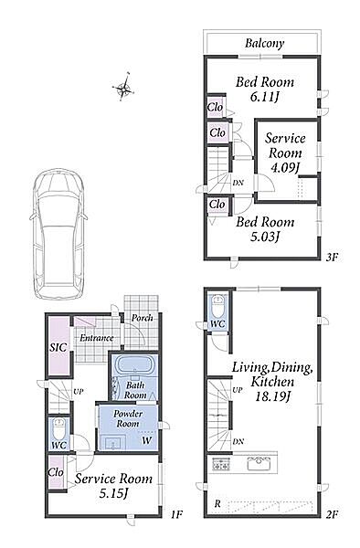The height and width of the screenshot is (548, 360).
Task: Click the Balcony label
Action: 264,43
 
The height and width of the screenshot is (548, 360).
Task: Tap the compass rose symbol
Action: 123,88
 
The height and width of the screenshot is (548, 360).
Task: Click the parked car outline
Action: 58,234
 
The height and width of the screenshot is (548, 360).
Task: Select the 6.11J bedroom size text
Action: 264,97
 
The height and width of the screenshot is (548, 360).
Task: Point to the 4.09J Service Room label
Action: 285,153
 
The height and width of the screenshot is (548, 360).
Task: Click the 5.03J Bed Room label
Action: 265,228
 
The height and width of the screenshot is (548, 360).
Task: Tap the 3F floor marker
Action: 332,258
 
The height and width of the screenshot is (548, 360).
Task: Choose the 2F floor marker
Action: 332,513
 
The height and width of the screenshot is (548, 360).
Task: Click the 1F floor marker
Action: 177,514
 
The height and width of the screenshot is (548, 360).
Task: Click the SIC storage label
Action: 58,347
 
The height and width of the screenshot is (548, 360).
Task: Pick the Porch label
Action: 143,319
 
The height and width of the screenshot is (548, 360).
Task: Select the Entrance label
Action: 97,338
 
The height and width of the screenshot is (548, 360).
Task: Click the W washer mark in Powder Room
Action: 147,440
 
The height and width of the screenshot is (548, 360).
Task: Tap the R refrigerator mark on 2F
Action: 217,504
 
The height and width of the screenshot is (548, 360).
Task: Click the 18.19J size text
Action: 271,397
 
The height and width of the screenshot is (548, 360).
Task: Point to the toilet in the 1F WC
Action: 58,429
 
